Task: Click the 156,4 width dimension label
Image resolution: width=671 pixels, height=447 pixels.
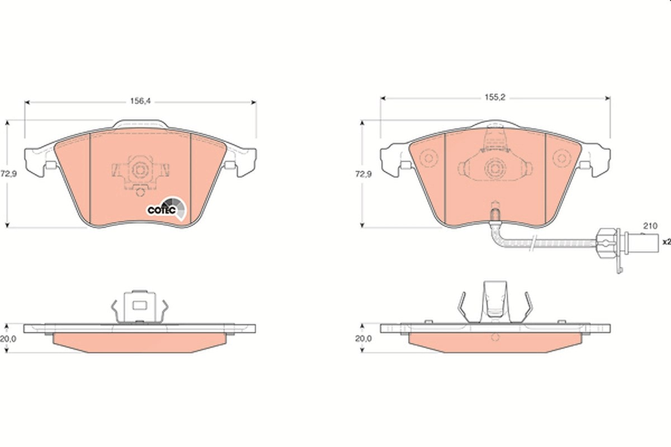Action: click(x=140, y=101)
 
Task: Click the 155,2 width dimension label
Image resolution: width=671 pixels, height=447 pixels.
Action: click(x=495, y=97)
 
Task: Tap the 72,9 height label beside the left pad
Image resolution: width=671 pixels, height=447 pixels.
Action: click(x=8, y=174)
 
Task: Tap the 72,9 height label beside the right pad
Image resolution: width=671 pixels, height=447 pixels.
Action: click(x=363, y=174)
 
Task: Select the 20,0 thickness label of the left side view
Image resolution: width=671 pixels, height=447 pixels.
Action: click(x=8, y=339)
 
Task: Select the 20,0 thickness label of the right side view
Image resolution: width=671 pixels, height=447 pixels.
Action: click(x=363, y=339)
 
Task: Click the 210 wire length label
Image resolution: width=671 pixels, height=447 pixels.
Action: click(x=650, y=226)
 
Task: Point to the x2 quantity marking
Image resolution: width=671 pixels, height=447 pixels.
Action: click(x=667, y=242)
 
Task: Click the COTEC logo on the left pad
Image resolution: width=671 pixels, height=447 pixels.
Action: click(x=166, y=208)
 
